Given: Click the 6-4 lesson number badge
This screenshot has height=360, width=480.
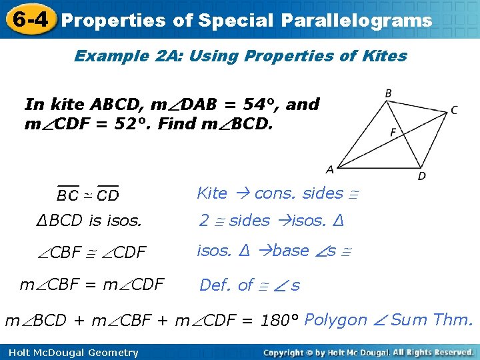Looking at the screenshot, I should pos(28,19).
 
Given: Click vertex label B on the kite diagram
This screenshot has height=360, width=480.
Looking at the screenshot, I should pos(388,93).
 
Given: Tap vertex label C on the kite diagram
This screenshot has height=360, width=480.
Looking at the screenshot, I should pos(454,110).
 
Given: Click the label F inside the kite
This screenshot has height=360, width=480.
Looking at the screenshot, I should pos(393,133).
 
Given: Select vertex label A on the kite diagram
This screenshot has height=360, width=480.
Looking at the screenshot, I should pos(329,169).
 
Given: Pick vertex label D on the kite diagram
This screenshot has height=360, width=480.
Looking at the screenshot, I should pos(421,176).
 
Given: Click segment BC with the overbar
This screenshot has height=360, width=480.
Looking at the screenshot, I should pos(67,195).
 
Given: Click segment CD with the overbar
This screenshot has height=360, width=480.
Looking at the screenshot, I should pos(107,195).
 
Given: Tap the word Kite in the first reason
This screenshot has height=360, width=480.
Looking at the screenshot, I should pos(212,193).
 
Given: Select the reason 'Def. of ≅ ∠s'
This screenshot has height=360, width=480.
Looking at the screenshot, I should pos(249,285).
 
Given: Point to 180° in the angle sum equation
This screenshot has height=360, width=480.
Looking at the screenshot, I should pos(280,321).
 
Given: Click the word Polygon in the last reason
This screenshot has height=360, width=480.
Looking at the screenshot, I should pos(335,320).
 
